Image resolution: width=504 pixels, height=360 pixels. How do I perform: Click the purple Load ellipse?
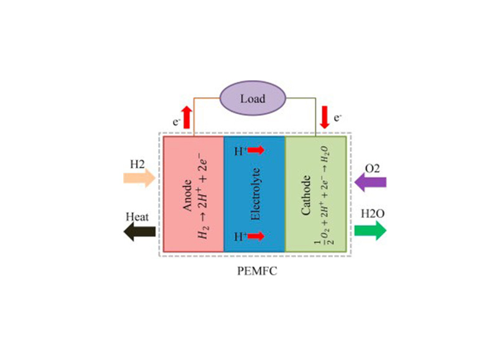(252, 98)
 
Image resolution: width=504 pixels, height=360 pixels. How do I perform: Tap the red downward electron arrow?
(324, 116)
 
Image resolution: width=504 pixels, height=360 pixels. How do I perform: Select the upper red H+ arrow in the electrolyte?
(255, 151)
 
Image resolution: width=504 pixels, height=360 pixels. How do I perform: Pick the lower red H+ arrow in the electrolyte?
(255, 236)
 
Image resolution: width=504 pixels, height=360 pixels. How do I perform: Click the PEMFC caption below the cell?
(253, 272)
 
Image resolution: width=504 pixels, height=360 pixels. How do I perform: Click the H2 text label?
(138, 164)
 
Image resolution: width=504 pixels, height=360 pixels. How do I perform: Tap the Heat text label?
(136, 217)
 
